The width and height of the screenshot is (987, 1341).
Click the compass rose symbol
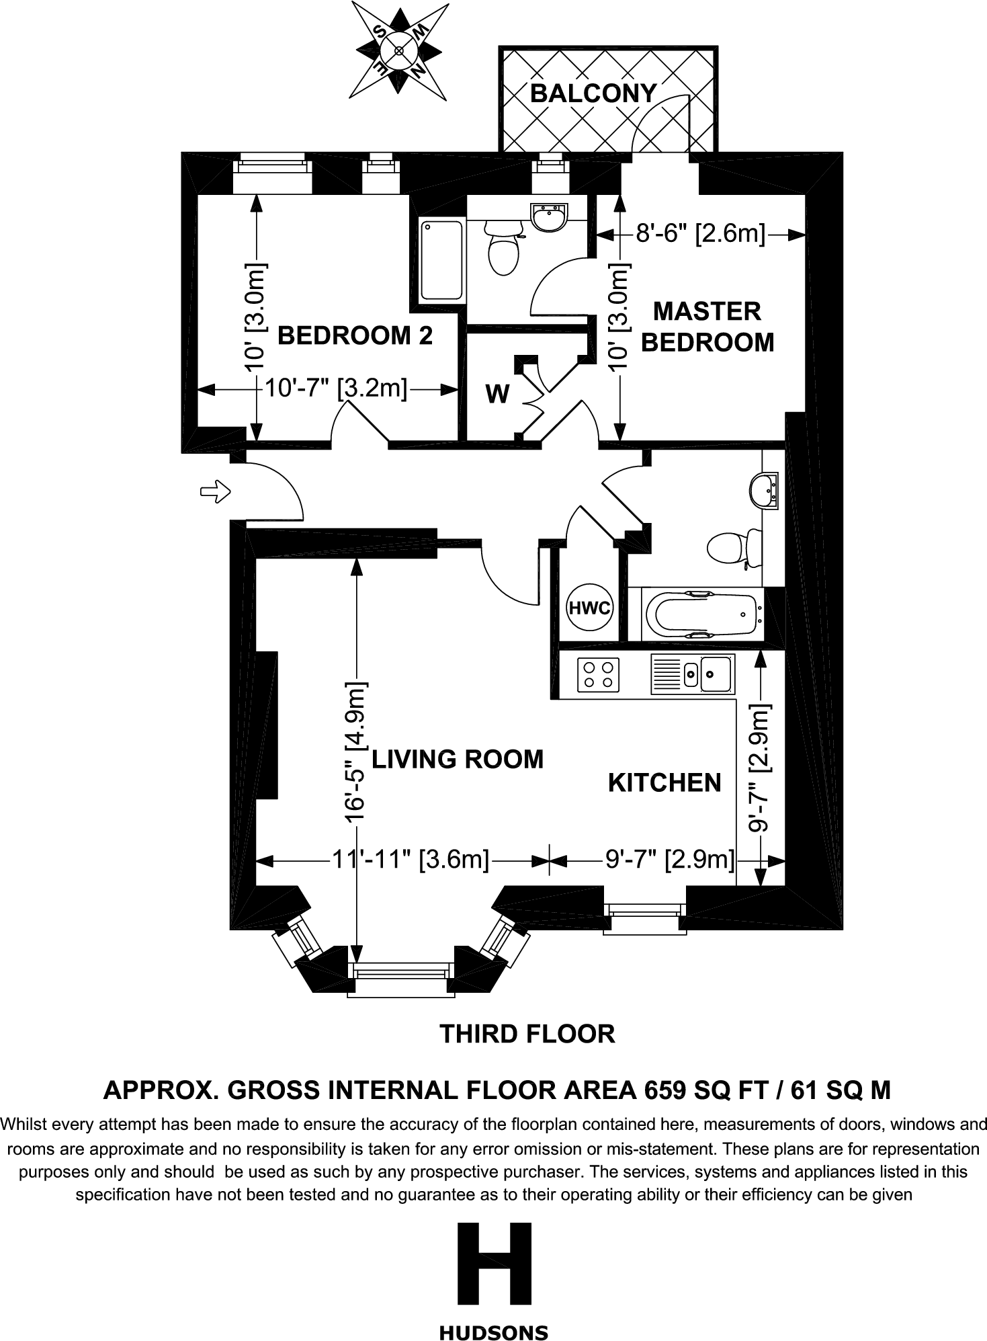tap(398, 50)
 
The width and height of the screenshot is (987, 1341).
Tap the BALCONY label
tap(593, 93)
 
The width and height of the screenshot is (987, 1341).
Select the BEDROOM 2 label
tap(355, 335)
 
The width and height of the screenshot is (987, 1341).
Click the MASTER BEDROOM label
tap(707, 327)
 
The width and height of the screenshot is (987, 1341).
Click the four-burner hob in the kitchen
tap(599, 675)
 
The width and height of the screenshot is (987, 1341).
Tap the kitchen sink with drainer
tap(691, 675)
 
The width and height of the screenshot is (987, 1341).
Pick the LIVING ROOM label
tap(458, 759)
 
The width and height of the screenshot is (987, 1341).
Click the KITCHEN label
tap(664, 782)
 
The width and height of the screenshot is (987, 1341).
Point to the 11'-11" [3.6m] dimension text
tap(411, 859)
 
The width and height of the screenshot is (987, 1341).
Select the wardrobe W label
tap(497, 395)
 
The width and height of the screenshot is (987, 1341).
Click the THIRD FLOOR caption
tap(527, 1033)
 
